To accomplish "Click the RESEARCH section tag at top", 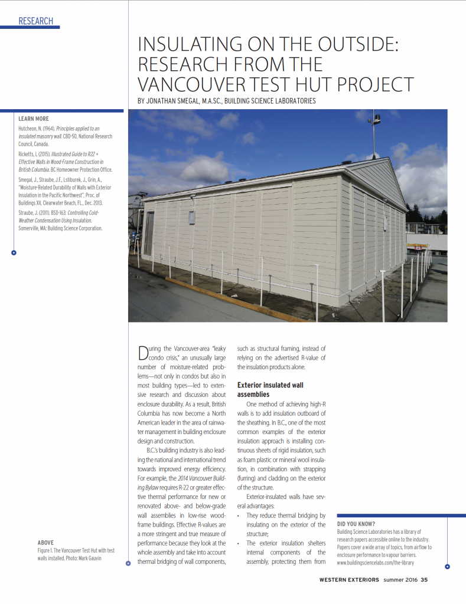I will tap(35, 21).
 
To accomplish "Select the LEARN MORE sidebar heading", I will tap(34, 119).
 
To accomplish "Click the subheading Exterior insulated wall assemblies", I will tap(271, 389).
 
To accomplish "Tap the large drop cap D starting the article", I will tap(143, 353).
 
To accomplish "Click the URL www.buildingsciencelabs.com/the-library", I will tap(375, 563).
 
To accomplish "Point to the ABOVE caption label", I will tap(46, 542).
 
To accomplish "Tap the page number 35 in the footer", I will tap(424, 579).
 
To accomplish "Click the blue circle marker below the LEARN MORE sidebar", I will tap(14, 253).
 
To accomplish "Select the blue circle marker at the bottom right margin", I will tap(447, 567).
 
